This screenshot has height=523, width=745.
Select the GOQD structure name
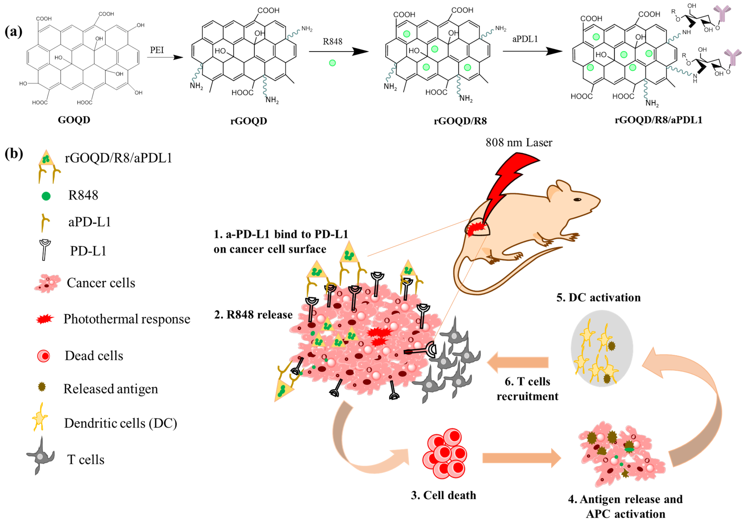coord(74,120)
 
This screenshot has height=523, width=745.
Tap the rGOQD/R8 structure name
coord(460,121)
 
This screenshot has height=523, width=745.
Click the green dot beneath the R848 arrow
coord(332,63)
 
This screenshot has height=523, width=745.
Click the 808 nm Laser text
coord(519,143)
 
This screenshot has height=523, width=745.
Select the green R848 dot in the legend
coord(46,196)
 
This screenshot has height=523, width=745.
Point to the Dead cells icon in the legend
coord(43,356)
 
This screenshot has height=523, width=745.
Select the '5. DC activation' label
coord(598,298)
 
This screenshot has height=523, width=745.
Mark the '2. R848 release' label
coord(253,315)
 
